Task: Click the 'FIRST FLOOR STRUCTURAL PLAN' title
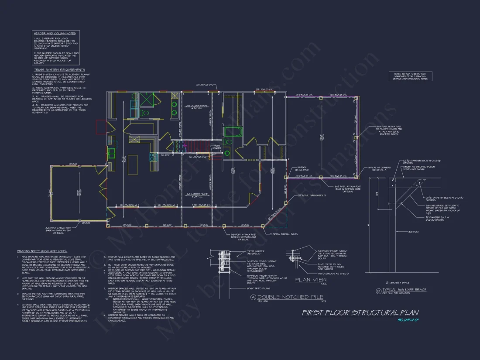[x=360, y=312]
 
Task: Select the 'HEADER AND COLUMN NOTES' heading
[x=55, y=33]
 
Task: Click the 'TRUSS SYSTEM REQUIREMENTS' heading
[x=59, y=70]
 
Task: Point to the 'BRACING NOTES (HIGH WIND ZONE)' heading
[x=42, y=251]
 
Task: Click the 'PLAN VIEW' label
[x=311, y=280]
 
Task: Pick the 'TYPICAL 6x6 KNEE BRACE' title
[x=404, y=290]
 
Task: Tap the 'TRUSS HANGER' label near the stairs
[x=216, y=147]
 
